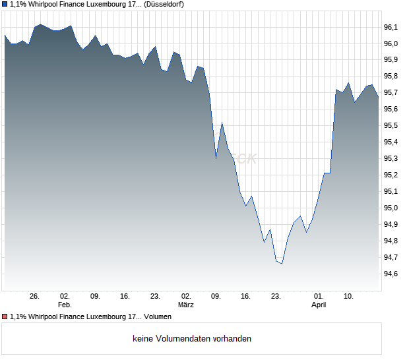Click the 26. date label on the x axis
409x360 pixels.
pyautogui.click(x=35, y=296)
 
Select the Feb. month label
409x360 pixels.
pyautogui.click(x=65, y=305)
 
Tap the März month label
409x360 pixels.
pyautogui.click(x=186, y=305)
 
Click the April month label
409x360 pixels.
pyautogui.click(x=319, y=305)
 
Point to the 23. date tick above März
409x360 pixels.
pyautogui.click(x=156, y=296)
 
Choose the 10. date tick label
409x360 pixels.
pyautogui.click(x=349, y=296)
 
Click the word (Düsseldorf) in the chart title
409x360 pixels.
pyautogui.click(x=163, y=4)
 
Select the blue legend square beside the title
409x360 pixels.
pyautogui.click(x=5, y=4)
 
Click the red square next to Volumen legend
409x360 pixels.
pyautogui.click(x=5, y=317)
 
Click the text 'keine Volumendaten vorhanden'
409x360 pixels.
pyautogui.click(x=192, y=339)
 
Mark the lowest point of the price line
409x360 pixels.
pyautogui.click(x=282, y=264)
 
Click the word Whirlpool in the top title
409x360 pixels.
pyautogui.click(x=44, y=4)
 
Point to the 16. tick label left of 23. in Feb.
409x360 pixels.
pyautogui.click(x=125, y=296)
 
